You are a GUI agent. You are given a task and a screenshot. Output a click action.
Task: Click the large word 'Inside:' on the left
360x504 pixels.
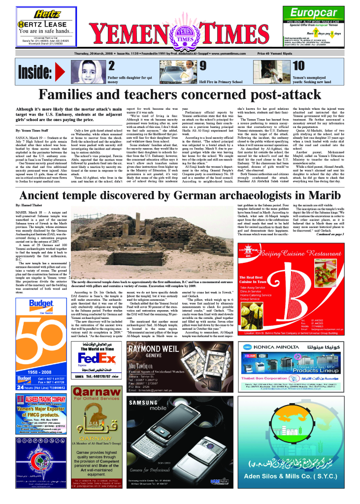[35, 72]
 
